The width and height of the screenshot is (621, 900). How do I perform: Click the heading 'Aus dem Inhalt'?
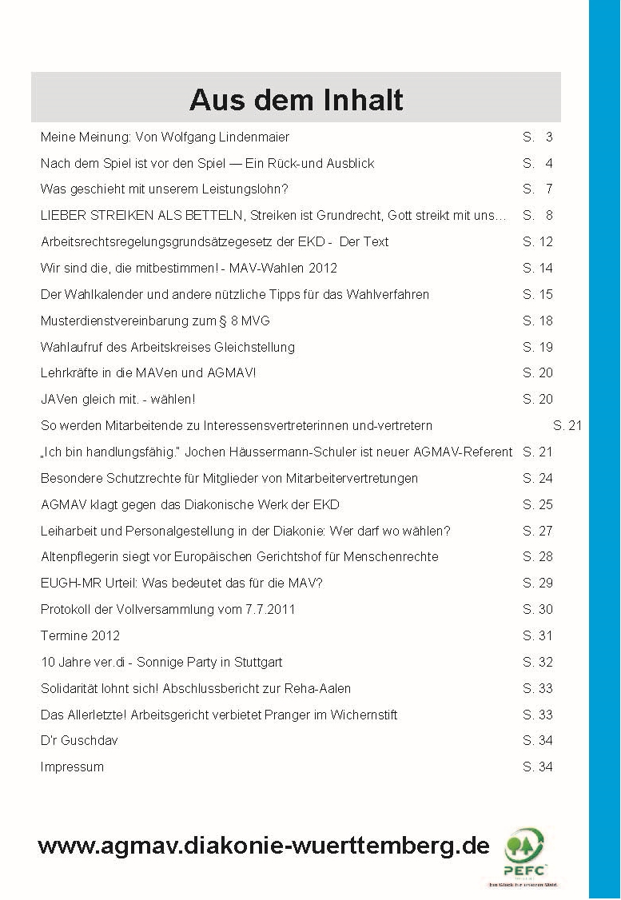click(x=296, y=100)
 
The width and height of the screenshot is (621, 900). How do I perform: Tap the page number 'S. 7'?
click(x=538, y=189)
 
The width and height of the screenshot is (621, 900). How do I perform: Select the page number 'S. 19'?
click(x=538, y=348)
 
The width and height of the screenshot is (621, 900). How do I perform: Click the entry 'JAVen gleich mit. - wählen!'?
click(x=117, y=400)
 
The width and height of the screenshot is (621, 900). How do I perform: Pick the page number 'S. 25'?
click(x=538, y=505)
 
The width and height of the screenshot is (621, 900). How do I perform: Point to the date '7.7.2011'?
click(x=270, y=610)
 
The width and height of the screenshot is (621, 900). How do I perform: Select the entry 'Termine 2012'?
click(x=80, y=636)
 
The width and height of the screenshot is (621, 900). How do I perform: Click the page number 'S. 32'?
click(x=538, y=663)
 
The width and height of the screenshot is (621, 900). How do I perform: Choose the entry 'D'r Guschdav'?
click(x=79, y=741)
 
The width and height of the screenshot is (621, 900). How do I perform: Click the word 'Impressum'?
click(x=72, y=767)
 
